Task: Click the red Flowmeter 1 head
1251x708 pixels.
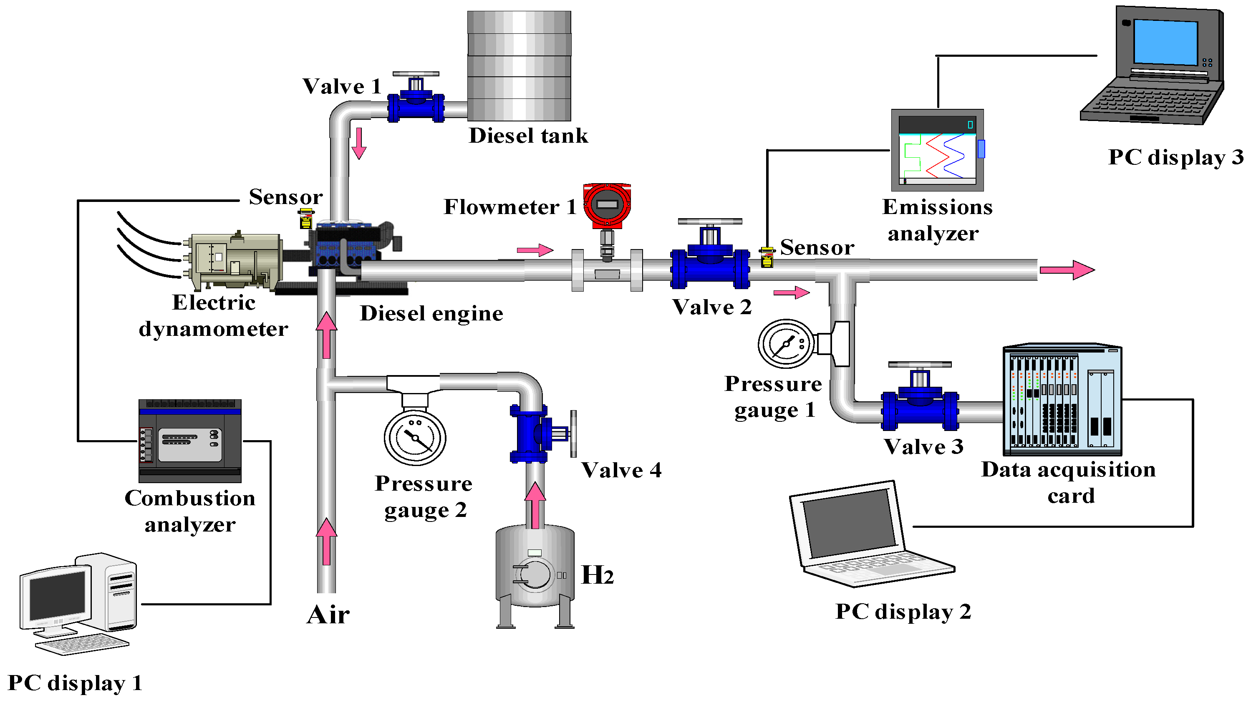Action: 607,205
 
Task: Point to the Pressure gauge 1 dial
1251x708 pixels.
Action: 786,344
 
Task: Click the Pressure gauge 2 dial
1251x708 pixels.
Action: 415,437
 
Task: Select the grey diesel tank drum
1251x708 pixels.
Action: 519,66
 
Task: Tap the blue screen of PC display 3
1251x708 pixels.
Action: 1165,43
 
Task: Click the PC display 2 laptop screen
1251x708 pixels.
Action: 848,523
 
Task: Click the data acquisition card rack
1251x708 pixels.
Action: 1062,400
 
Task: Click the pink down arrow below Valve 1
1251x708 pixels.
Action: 359,144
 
